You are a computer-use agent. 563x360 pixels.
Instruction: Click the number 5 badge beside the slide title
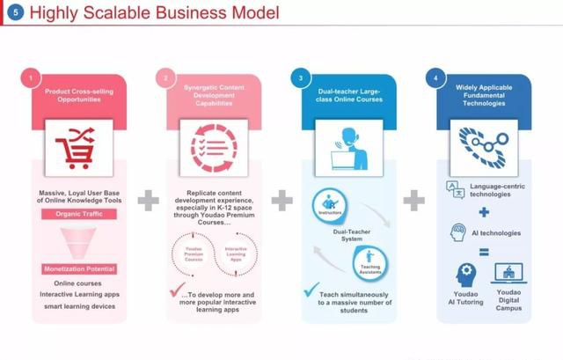point(14,13)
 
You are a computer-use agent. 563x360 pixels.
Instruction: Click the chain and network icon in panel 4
point(479,146)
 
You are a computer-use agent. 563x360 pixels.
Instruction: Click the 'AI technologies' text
point(496,232)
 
